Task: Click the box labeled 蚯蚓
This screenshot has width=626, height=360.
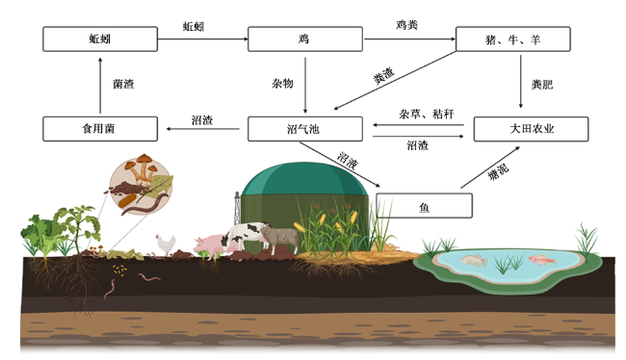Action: click(100, 39)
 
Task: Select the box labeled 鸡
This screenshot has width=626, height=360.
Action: click(305, 39)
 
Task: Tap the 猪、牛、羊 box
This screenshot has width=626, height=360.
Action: click(513, 39)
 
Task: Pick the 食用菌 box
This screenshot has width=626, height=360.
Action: click(100, 129)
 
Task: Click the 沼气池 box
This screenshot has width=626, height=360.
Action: click(305, 129)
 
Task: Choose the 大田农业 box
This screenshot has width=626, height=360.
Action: click(531, 129)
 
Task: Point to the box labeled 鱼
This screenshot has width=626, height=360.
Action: click(424, 206)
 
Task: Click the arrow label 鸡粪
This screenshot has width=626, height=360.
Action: click(406, 25)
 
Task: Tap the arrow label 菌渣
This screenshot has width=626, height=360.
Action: click(123, 84)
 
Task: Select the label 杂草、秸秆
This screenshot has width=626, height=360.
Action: click(427, 115)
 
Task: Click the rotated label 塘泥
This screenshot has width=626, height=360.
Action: click(498, 171)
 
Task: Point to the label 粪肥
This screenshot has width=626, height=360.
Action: click(542, 84)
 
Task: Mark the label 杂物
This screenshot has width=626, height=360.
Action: click(282, 84)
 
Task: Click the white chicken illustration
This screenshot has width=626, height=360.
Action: click(166, 244)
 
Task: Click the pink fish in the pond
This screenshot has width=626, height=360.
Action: click(542, 260)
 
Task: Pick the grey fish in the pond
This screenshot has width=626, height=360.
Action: click(474, 261)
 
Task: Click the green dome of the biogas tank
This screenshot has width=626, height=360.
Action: click(304, 179)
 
